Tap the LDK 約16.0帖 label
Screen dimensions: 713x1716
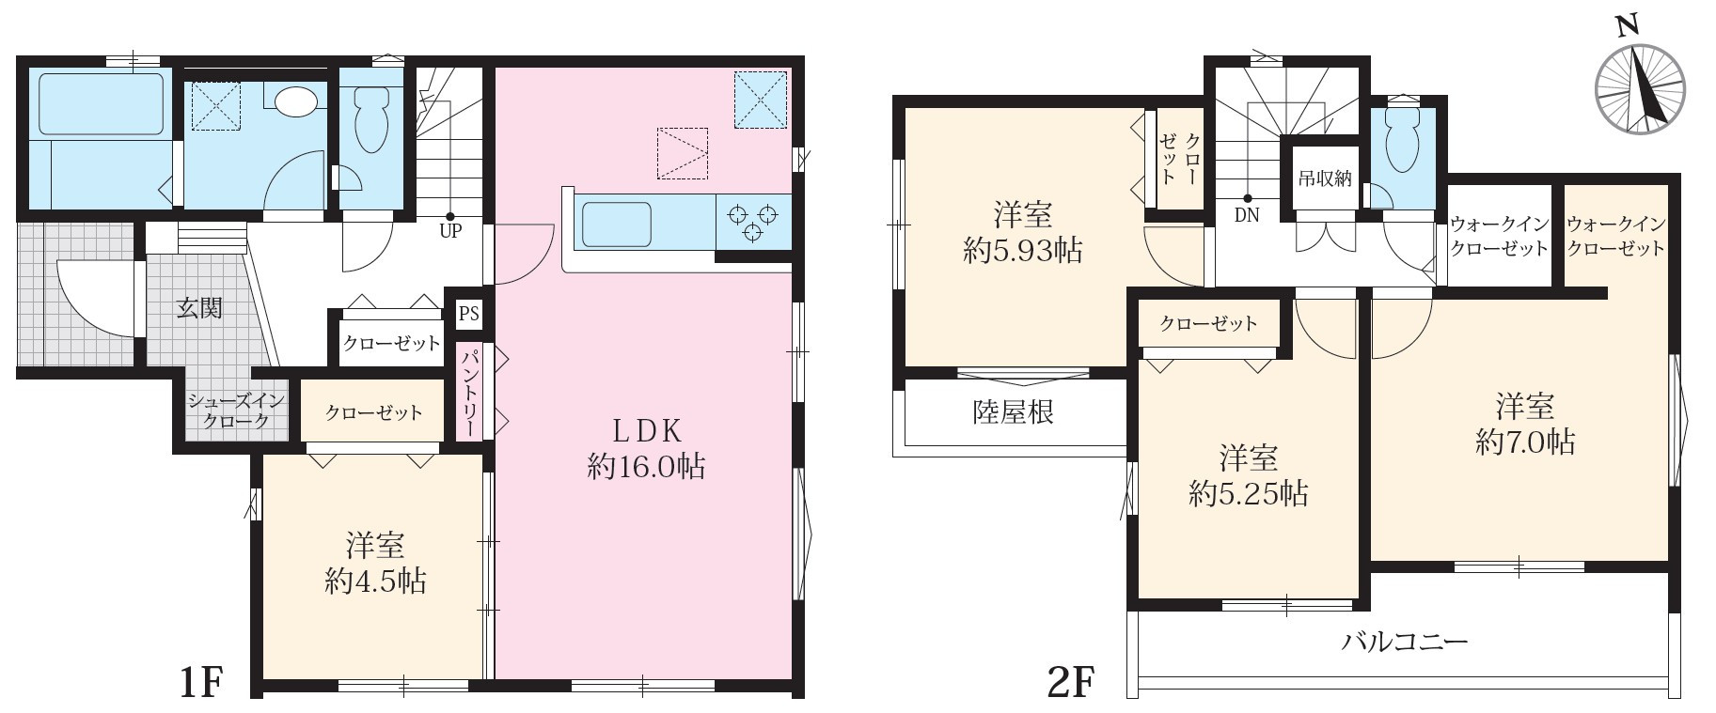646,448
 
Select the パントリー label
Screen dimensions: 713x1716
468,392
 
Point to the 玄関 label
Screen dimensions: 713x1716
199,307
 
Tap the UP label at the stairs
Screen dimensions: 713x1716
450,231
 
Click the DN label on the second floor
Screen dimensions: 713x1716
1247,215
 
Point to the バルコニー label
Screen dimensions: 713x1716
1405,643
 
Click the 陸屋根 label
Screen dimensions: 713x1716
1013,412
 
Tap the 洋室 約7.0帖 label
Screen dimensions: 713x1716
1525,425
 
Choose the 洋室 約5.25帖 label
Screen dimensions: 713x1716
1248,476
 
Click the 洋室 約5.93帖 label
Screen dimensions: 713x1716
1023,233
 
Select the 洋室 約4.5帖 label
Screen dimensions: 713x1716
375,563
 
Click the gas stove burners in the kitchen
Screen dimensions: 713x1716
753,223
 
